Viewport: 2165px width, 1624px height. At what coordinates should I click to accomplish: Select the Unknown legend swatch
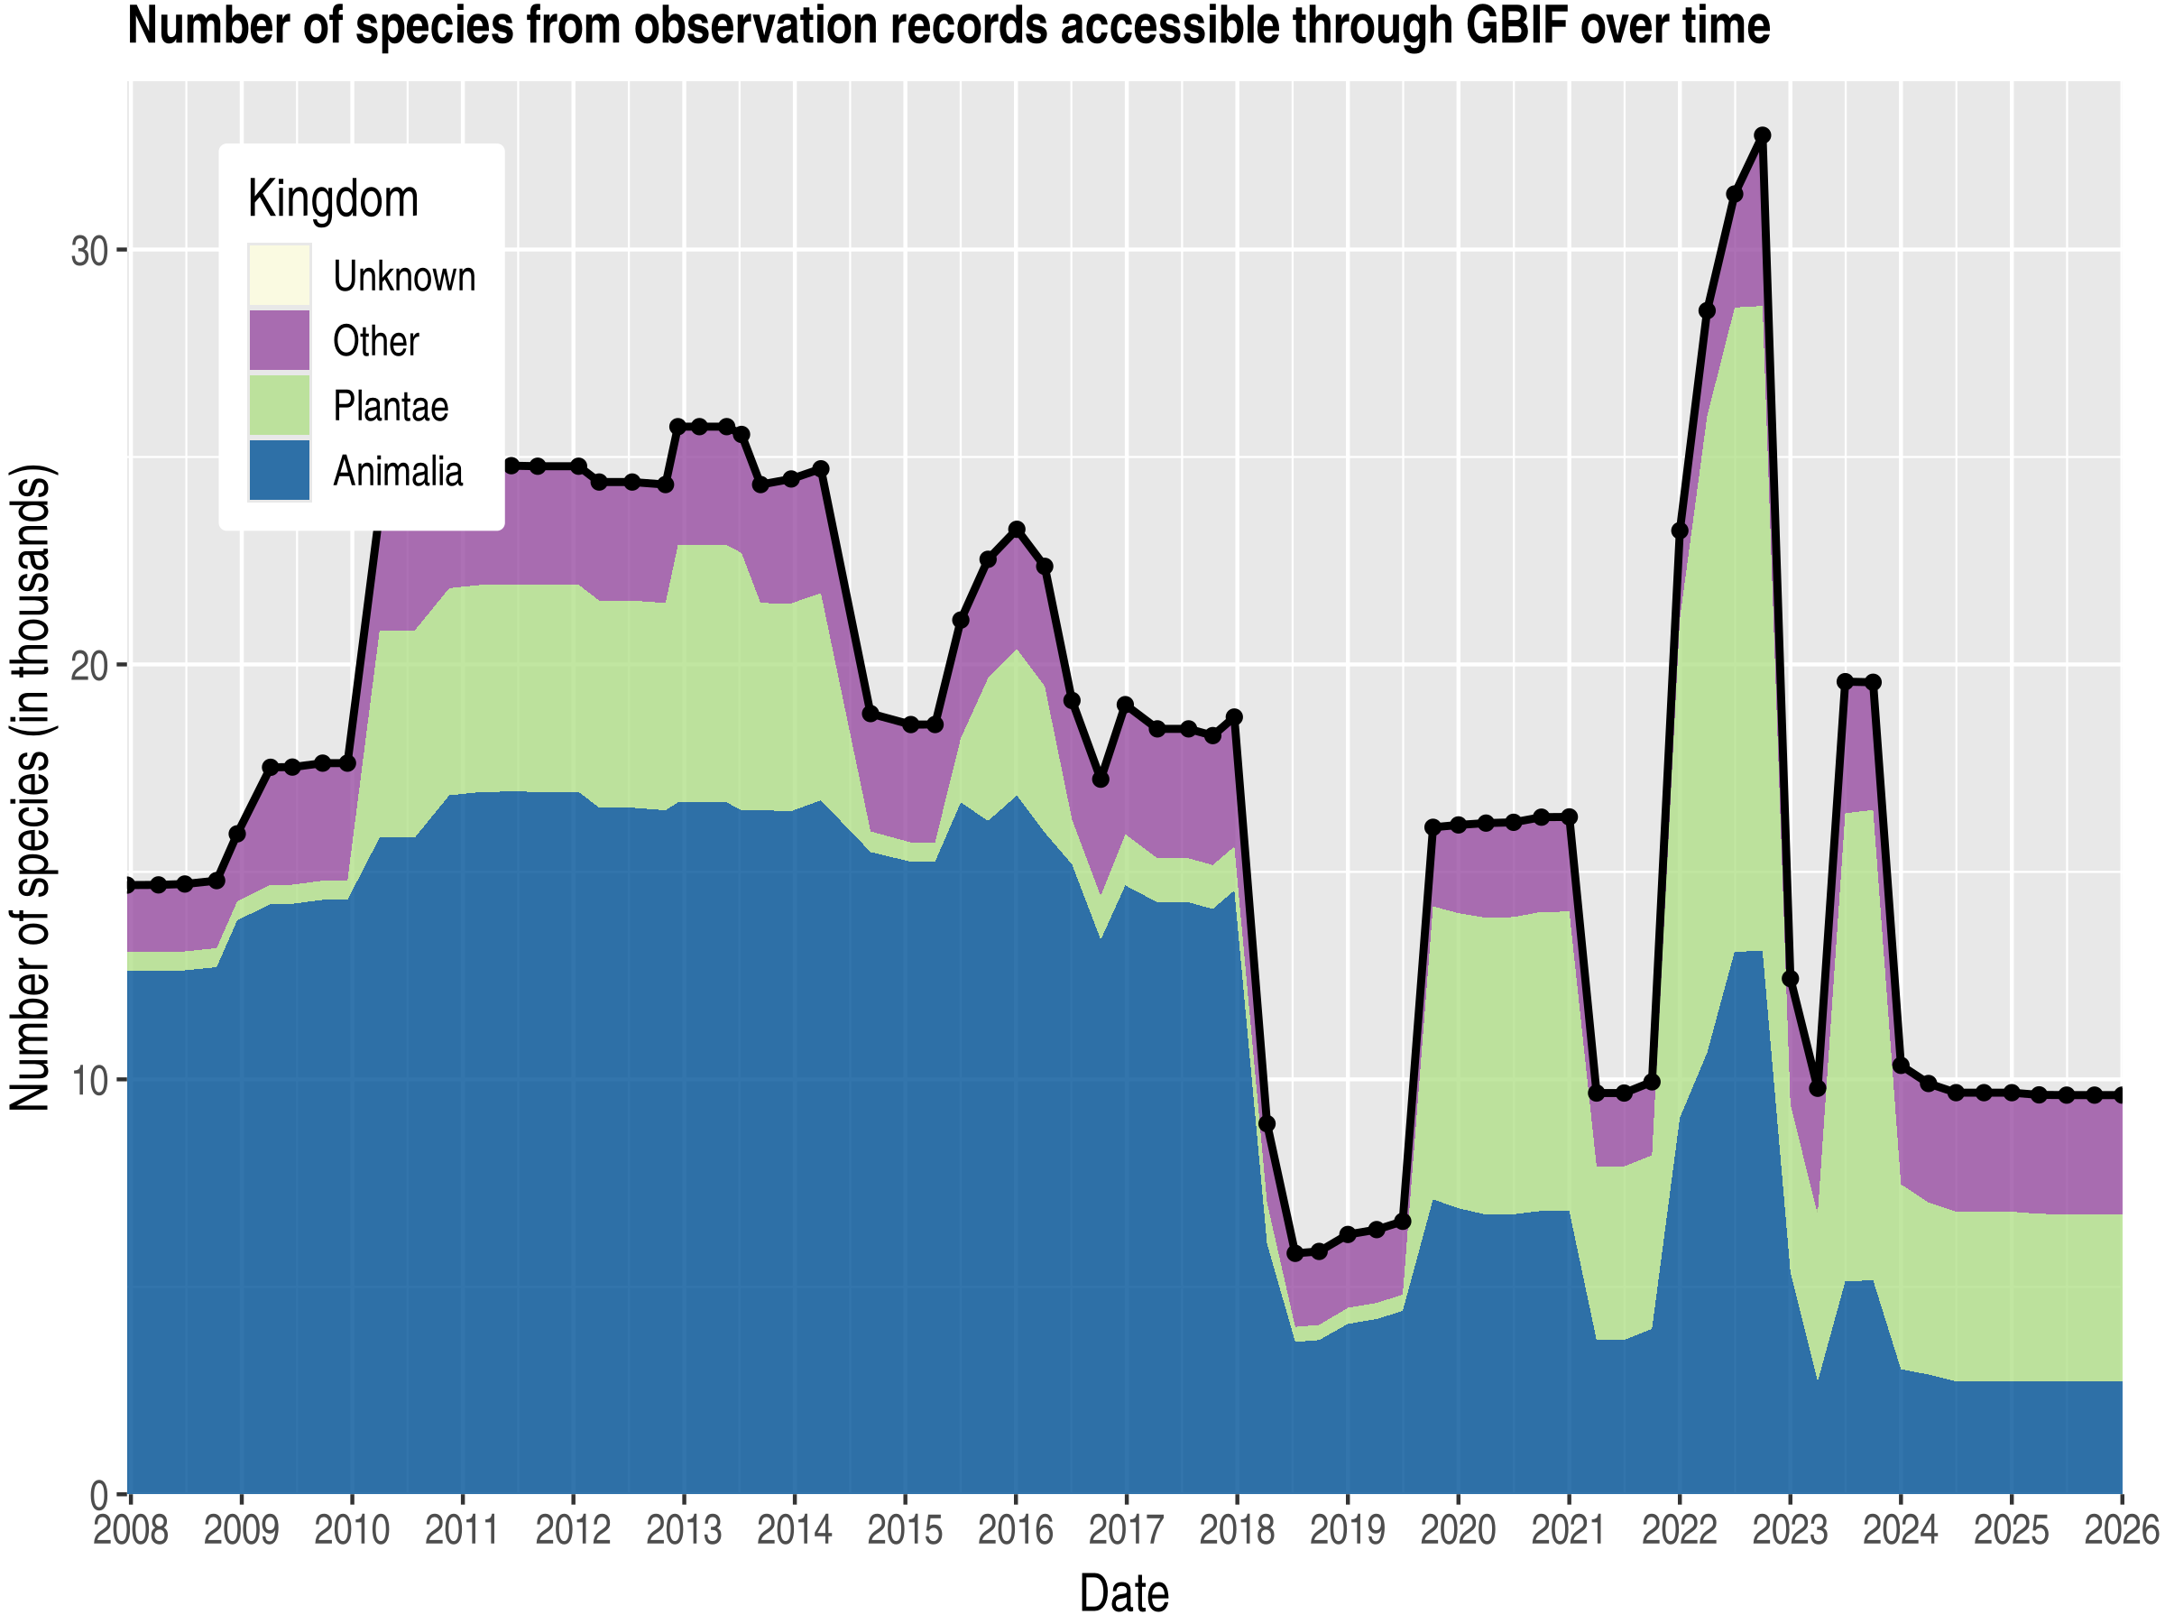pos(279,275)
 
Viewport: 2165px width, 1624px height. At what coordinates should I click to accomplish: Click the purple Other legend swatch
pos(279,339)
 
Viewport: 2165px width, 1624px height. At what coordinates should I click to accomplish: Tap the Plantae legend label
pos(390,406)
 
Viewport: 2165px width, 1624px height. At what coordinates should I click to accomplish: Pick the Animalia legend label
pos(398,471)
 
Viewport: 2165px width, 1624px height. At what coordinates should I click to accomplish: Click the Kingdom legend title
pos(333,198)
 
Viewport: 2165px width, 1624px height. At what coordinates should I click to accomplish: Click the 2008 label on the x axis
pos(131,1530)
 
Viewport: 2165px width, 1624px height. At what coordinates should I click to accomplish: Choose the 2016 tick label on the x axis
pos(1016,1530)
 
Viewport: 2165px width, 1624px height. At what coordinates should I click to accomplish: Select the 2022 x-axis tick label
pos(1680,1530)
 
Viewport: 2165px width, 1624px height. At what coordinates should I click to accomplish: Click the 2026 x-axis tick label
pos(2121,1530)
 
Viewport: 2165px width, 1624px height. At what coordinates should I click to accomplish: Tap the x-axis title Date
pos(1124,1593)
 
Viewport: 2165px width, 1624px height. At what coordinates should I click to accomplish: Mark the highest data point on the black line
pos(1762,135)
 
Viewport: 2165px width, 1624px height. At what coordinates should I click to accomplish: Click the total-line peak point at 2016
pos(1017,530)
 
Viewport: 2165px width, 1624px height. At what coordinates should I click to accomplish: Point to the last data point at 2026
pos(2121,1094)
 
